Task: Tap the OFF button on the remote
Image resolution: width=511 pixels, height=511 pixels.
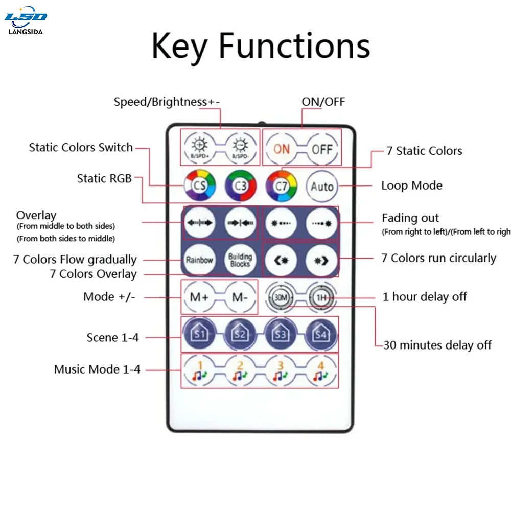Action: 322,149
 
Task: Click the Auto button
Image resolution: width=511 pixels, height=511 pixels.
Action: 322,187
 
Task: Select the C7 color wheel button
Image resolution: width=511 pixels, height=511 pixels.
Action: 282,187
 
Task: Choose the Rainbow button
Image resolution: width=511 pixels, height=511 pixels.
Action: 199,260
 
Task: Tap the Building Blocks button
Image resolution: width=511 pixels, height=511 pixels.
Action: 240,260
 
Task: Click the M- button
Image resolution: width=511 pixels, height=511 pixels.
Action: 239,297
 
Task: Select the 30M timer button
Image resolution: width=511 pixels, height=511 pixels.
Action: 281,297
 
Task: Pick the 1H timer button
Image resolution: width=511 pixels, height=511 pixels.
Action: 321,297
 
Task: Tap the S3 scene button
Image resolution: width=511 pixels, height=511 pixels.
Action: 281,334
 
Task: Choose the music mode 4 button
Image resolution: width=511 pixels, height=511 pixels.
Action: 321,371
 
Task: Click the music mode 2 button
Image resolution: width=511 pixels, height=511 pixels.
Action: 239,371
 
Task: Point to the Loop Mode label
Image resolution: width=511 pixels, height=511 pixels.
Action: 411,185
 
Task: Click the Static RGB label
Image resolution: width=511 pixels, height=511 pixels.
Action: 104,178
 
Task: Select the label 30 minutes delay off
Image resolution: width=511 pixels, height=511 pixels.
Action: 437,345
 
